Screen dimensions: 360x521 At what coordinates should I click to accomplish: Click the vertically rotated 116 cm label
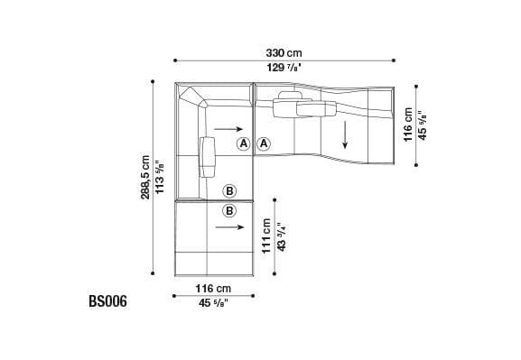408,126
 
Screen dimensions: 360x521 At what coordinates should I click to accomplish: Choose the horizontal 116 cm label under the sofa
214,288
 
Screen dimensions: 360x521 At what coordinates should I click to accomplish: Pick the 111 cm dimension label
267,236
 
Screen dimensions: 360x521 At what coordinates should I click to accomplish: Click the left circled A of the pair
244,143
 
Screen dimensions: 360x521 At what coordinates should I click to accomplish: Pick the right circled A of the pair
263,143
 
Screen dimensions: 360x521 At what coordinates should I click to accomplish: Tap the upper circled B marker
229,190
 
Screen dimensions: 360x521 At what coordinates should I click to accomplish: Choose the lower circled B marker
229,211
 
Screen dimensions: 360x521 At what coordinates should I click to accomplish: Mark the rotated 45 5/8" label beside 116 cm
422,126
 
